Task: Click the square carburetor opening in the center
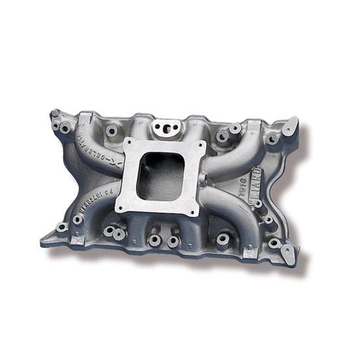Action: pos(161,174)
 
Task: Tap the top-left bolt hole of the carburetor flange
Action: pos(128,143)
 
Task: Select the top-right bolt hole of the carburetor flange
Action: pos(199,147)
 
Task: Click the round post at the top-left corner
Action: pos(55,115)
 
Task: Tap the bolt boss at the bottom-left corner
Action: pos(62,228)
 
